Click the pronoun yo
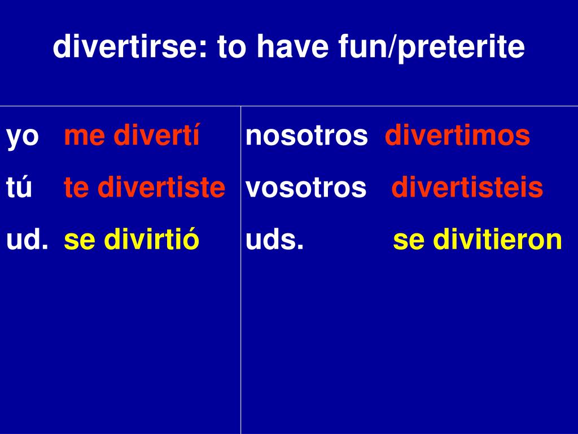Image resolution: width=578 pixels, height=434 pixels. pyautogui.click(x=23, y=137)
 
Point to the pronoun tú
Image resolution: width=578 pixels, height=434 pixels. pyautogui.click(x=19, y=186)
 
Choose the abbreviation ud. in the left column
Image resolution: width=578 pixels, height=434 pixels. pyautogui.click(x=27, y=239)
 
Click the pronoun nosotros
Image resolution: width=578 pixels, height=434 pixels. pyautogui.click(x=306, y=136)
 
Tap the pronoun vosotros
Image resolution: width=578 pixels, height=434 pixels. pyautogui.click(x=306, y=188)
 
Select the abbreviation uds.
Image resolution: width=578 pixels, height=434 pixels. pyautogui.click(x=275, y=239)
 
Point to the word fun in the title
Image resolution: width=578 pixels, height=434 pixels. pyautogui.click(x=362, y=46)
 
